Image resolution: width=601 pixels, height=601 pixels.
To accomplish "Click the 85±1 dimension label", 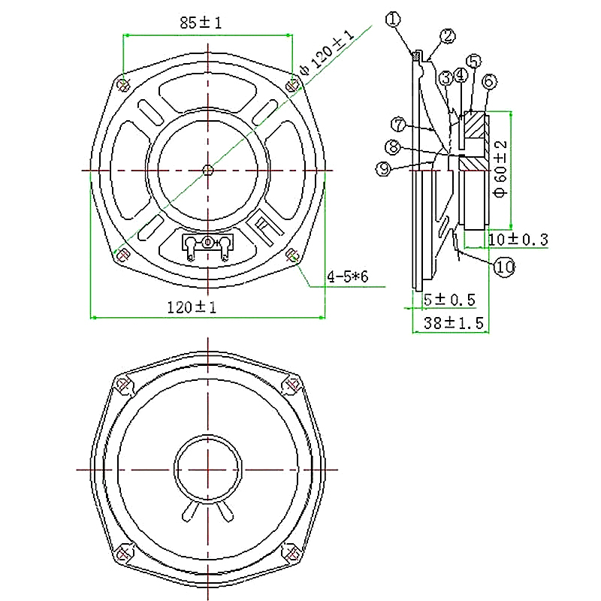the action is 201,23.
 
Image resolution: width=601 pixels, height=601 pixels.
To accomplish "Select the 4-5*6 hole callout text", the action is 348,276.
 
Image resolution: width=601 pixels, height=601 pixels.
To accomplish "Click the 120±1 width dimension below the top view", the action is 192,307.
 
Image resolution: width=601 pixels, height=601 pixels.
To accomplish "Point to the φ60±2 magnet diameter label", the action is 501,169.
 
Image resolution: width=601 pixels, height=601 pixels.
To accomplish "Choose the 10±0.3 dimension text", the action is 518,240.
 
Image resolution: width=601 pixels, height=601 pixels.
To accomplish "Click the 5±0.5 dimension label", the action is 449,299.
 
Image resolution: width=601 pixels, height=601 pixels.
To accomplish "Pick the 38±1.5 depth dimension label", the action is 454,323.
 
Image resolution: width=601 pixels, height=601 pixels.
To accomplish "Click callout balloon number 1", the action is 393,20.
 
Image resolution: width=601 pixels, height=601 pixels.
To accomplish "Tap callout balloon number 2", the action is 447,36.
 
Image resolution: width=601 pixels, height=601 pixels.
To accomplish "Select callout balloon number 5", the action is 473,61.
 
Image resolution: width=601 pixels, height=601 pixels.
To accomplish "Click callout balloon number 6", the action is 489,81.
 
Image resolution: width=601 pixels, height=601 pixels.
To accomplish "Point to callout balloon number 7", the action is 399,125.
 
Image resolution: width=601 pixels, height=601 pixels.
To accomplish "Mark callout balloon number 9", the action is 384,168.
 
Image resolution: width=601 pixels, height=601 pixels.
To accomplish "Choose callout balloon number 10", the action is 504,267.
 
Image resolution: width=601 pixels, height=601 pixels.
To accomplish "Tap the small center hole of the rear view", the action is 208,170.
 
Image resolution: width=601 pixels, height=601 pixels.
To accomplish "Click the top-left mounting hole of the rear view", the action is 123,86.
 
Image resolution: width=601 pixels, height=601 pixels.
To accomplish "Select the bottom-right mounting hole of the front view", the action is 292,553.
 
